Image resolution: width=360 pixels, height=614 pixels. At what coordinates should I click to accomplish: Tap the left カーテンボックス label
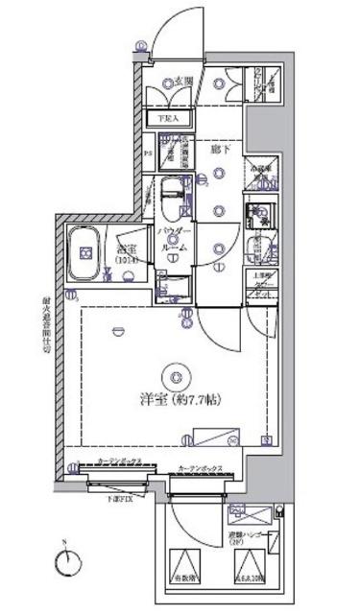coord(119,461)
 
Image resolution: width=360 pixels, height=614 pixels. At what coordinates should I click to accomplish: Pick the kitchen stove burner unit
coord(256,211)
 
